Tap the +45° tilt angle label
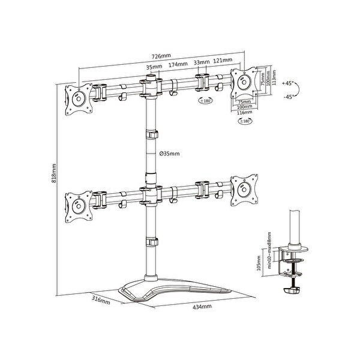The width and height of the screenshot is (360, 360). pyautogui.click(x=288, y=85)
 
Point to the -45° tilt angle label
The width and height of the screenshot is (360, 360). pyautogui.click(x=288, y=97)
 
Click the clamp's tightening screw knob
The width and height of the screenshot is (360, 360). pyautogui.click(x=292, y=290)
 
